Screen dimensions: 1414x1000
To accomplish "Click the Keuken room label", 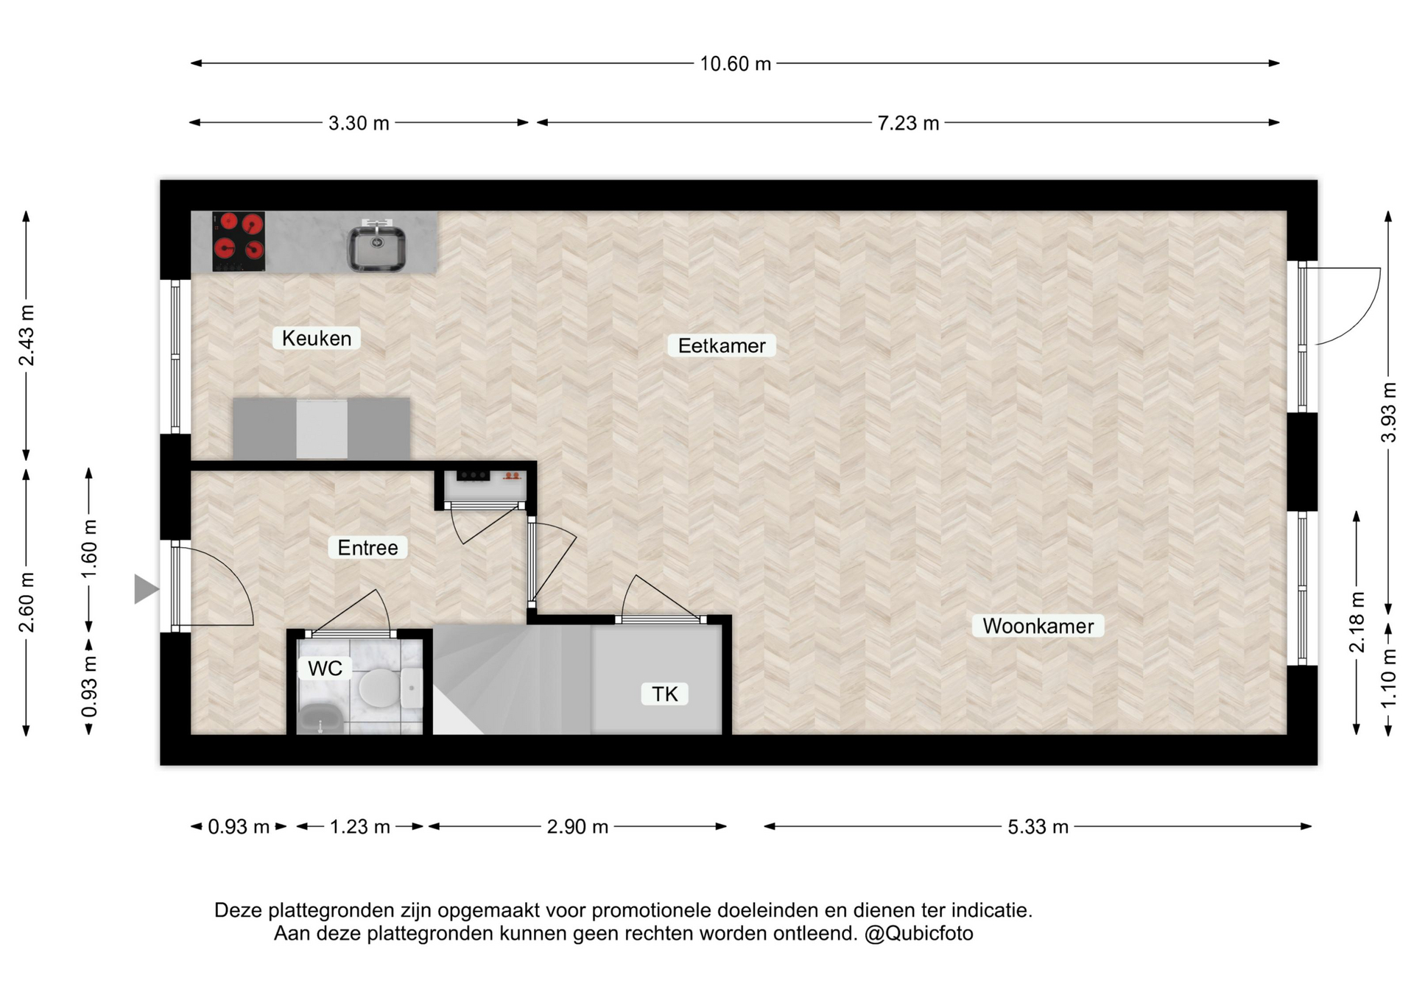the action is pyautogui.click(x=317, y=338).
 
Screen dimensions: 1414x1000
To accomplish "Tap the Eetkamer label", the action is pyautogui.click(x=722, y=345).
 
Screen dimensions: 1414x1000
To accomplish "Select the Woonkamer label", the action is pyautogui.click(x=1038, y=626).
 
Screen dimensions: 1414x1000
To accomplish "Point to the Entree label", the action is pyautogui.click(x=367, y=547).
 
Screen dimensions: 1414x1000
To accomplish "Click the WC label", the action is pyautogui.click(x=325, y=668).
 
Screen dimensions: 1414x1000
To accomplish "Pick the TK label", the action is pyautogui.click(x=665, y=694).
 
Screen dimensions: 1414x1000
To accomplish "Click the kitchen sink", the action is pyautogui.click(x=376, y=245).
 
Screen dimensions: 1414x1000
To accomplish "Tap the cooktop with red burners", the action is pyautogui.click(x=239, y=242).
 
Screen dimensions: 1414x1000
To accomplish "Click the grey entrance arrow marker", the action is pyautogui.click(x=146, y=589).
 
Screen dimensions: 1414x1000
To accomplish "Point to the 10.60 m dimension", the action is pyautogui.click(x=735, y=63).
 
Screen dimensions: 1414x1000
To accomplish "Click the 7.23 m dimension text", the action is pyautogui.click(x=908, y=123).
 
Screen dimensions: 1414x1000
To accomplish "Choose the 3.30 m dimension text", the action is pyautogui.click(x=359, y=123).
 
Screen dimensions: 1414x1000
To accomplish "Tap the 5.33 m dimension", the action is pyautogui.click(x=1038, y=826).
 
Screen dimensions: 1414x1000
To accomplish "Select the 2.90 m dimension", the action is pyautogui.click(x=577, y=826).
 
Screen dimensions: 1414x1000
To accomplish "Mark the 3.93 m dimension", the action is pyautogui.click(x=1388, y=412).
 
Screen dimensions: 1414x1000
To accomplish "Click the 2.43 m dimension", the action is pyautogui.click(x=27, y=335).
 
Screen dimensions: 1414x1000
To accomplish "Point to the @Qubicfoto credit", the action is pyautogui.click(x=919, y=934).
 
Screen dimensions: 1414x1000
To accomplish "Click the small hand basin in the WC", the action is pyautogui.click(x=320, y=719).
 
